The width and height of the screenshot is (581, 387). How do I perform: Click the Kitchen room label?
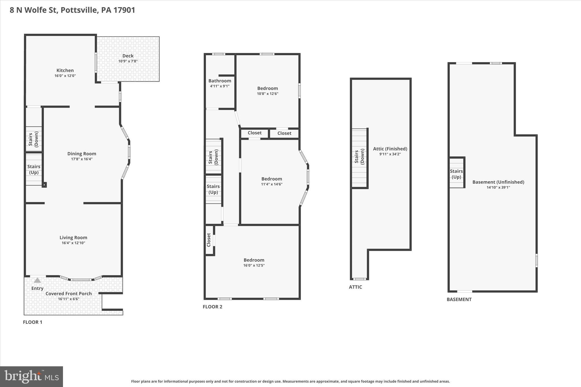tap(65, 70)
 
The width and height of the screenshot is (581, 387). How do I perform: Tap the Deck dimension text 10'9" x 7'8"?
tap(128, 61)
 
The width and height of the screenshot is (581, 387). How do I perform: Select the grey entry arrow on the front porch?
tap(37, 280)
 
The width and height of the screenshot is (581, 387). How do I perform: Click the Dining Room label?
tap(82, 154)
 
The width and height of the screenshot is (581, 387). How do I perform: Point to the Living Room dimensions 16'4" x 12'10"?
tap(73, 243)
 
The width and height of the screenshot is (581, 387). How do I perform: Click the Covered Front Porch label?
tap(68, 293)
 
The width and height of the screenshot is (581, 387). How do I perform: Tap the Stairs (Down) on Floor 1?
tap(33, 139)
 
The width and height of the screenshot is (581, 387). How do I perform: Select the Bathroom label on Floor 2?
tap(220, 81)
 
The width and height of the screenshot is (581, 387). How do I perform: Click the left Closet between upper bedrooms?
tap(254, 133)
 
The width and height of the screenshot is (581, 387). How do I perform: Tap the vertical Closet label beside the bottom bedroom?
tap(209, 240)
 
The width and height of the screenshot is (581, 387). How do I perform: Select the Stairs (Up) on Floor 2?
tap(213, 189)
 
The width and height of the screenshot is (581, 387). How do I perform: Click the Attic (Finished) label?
tap(390, 149)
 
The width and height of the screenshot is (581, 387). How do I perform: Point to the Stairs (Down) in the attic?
tap(359, 157)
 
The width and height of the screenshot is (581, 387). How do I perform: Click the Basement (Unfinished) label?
tap(498, 182)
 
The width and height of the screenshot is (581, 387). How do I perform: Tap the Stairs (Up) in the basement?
tap(456, 174)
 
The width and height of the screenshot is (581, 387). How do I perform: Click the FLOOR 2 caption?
tap(212, 307)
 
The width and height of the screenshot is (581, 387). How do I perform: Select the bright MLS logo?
tap(31, 376)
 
